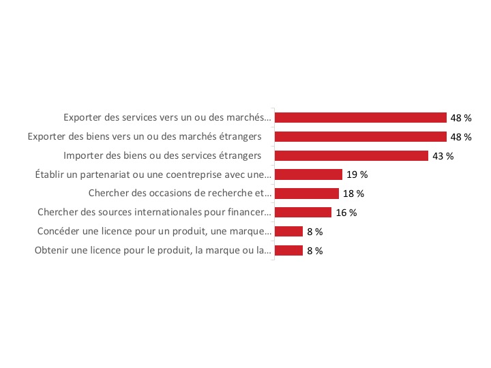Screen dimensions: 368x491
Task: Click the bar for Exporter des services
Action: [360, 117]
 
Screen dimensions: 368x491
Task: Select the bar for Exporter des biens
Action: [360, 136]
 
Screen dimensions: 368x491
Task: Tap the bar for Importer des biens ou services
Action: [351, 155]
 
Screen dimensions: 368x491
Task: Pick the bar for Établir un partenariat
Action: [308, 174]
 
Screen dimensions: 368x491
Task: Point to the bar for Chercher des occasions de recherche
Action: [307, 194]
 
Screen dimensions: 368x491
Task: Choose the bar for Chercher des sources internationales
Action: [303, 213]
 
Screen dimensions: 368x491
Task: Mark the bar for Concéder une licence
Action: [288, 232]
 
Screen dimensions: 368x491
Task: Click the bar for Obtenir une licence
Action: [288, 251]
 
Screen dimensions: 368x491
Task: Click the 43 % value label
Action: [443, 156]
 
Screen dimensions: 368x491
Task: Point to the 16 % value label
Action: [346, 213]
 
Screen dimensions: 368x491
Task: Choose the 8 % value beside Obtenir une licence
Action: [315, 251]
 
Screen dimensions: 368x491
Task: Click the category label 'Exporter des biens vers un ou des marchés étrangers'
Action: [145, 136]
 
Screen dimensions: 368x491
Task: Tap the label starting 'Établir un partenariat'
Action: [153, 174]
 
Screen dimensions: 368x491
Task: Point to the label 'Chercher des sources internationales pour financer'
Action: [154, 213]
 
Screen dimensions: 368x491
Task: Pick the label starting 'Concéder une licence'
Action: [155, 232]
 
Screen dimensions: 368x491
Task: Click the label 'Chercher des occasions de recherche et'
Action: [180, 194]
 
